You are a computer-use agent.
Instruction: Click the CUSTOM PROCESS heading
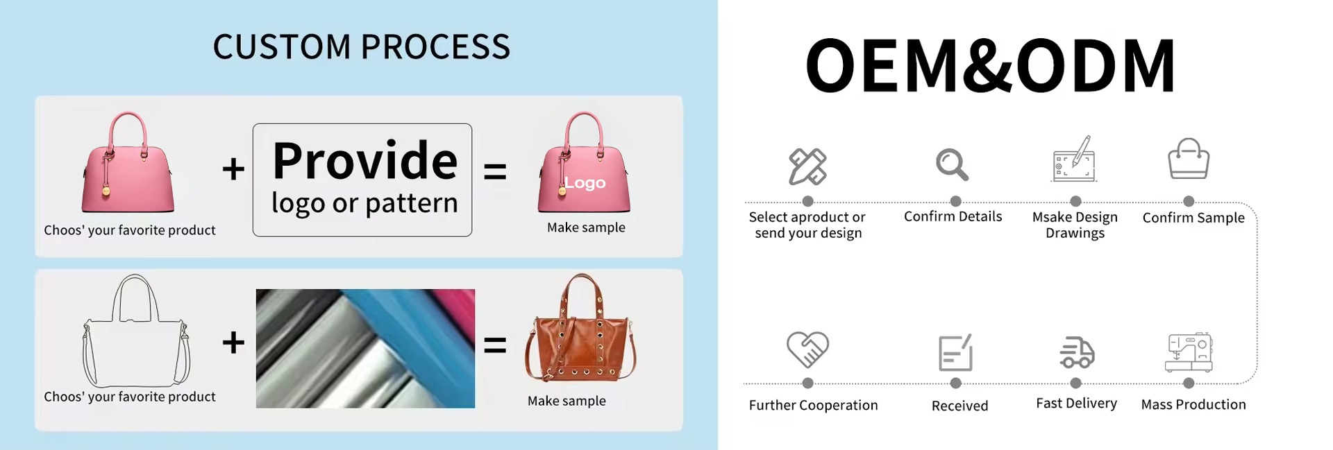click(361, 47)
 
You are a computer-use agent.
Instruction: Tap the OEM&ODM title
click(991, 65)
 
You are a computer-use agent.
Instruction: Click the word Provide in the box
click(365, 161)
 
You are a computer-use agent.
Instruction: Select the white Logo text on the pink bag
click(585, 183)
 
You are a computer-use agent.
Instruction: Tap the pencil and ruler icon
click(807, 166)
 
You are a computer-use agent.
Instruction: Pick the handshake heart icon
click(807, 349)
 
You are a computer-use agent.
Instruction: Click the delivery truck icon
click(1077, 352)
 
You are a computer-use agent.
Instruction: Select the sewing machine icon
click(1189, 352)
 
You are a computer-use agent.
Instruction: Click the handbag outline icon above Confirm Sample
click(1189, 159)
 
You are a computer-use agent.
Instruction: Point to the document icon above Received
click(955, 352)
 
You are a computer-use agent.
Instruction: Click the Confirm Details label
click(953, 216)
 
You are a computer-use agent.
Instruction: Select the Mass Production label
click(1193, 404)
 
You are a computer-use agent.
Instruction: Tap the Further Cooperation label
click(813, 405)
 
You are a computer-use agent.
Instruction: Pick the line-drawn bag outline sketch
click(136, 331)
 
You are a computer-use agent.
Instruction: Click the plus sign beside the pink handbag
click(233, 169)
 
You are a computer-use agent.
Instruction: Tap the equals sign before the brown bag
click(495, 345)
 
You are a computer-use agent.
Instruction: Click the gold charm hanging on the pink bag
click(106, 190)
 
